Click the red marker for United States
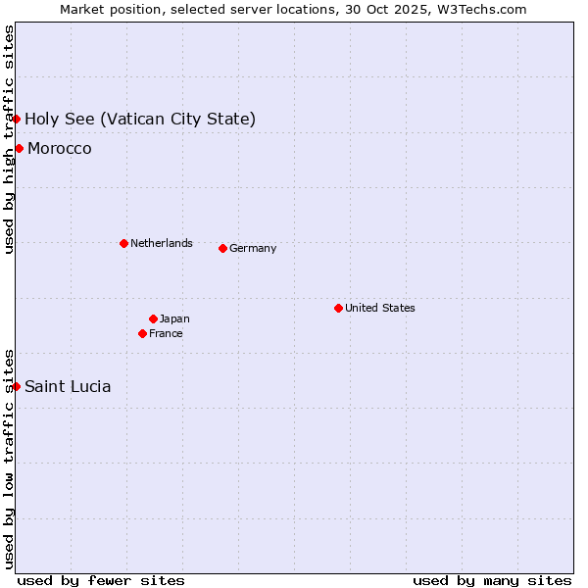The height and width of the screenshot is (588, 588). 338,308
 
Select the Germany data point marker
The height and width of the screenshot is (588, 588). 222,248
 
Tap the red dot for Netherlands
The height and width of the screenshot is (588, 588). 123,243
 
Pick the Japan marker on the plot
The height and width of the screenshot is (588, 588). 153,318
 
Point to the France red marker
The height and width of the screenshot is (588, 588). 142,333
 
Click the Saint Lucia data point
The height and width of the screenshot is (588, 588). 17,386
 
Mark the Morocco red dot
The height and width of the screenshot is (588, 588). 19,148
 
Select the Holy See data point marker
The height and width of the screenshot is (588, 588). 17,119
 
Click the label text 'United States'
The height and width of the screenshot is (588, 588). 380,308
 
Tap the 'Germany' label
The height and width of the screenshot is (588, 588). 253,248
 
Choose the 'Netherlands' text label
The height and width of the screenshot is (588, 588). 162,243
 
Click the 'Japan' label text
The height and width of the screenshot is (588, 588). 174,318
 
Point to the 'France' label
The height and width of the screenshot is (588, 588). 166,333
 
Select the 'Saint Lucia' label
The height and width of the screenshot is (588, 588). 68,386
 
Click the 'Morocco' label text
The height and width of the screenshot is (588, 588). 60,148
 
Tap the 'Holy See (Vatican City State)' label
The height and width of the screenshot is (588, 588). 140,119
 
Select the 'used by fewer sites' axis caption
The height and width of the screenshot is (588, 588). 101,580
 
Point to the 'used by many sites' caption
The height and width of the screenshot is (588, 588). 492,580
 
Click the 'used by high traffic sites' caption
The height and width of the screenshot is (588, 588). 9,139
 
